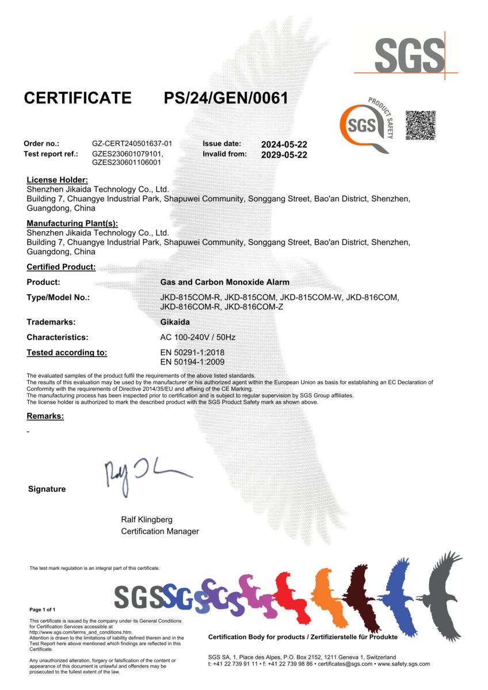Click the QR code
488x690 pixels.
pyautogui.click(x=420, y=125)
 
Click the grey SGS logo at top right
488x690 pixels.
pyautogui.click(x=410, y=56)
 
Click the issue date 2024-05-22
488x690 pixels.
pyautogui.click(x=284, y=144)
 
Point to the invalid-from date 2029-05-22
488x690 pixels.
pyautogui.click(x=284, y=155)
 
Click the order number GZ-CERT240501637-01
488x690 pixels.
pyautogui.click(x=132, y=144)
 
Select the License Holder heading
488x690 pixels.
pyautogui.click(x=57, y=180)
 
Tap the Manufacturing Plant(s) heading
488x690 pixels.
pyautogui.click(x=72, y=223)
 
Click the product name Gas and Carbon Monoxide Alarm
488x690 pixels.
pyautogui.click(x=224, y=282)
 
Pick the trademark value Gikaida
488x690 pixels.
pyautogui.click(x=174, y=322)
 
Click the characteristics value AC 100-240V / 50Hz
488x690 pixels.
pyautogui.click(x=197, y=338)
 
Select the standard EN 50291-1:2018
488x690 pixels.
pyautogui.click(x=192, y=352)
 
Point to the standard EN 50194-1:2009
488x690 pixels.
pyautogui.click(x=192, y=362)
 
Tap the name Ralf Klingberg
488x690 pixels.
pyautogui.click(x=147, y=519)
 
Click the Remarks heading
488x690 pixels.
pyautogui.click(x=45, y=416)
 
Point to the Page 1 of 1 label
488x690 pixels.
pyautogui.click(x=43, y=609)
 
